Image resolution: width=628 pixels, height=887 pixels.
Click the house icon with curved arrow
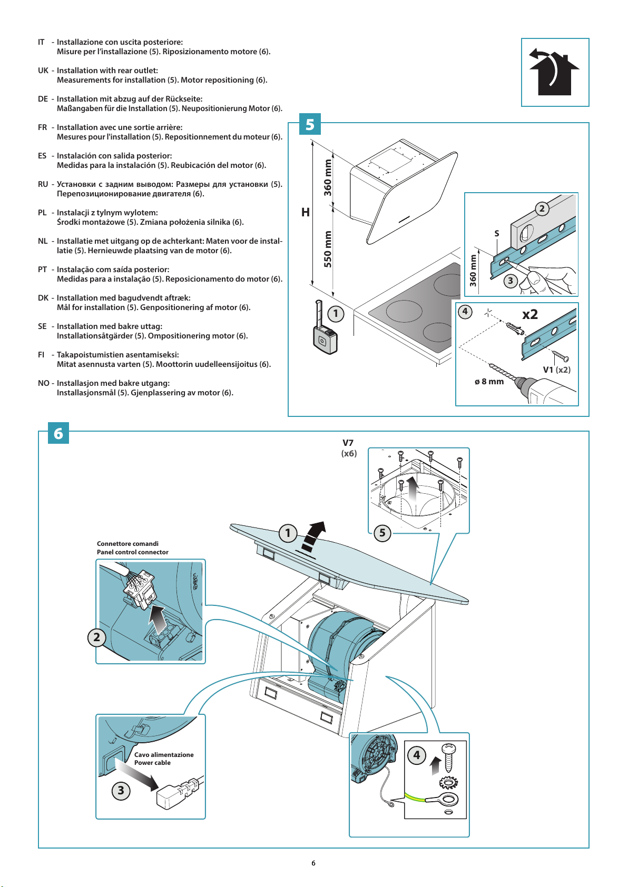point(554,73)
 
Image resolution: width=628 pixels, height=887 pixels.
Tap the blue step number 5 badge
point(310,124)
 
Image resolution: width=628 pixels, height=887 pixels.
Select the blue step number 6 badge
point(58,433)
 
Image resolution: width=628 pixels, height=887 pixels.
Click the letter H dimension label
point(305,213)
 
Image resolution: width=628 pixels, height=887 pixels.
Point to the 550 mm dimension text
point(328,249)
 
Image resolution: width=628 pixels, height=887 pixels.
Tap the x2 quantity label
point(530,314)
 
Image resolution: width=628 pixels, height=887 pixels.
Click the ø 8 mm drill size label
point(489,382)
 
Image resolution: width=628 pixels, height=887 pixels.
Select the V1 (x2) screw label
point(556,370)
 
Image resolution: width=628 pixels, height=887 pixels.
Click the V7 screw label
point(348,443)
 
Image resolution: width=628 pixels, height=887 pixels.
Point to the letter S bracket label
point(496,233)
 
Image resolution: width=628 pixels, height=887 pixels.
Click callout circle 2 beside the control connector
point(96,637)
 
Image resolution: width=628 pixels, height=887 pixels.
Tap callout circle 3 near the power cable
point(121,790)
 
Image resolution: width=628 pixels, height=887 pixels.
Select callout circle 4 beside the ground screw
point(417,755)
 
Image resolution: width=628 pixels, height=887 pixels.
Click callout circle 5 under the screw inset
point(382,533)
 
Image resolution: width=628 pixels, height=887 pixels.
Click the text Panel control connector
point(132,552)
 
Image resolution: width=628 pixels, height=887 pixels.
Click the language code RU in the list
point(43,184)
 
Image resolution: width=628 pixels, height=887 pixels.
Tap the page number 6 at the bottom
point(313,863)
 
